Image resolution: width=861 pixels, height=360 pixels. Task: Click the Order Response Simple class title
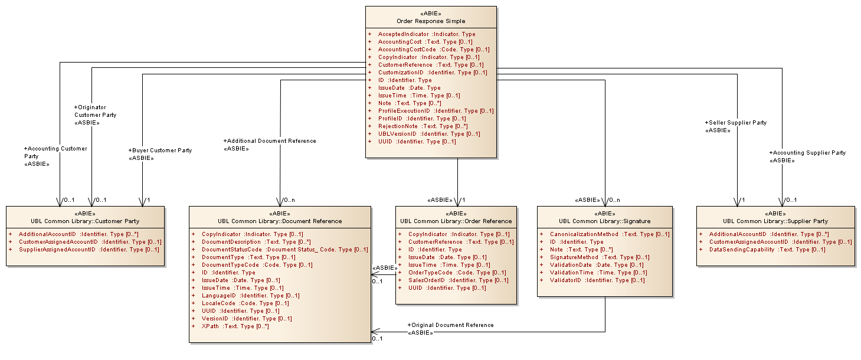pyautogui.click(x=431, y=21)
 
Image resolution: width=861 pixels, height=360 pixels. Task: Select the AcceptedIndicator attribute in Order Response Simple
pyautogui.click(x=426, y=34)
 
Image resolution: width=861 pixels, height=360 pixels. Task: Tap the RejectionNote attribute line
pyautogui.click(x=423, y=126)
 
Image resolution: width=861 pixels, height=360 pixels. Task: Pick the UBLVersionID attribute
pyautogui.click(x=428, y=134)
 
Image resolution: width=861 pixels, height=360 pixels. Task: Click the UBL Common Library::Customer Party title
pyautogui.click(x=85, y=221)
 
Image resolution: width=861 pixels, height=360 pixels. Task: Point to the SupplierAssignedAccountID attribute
pyautogui.click(x=89, y=250)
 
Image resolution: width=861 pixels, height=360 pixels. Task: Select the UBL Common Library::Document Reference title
pyautogui.click(x=280, y=221)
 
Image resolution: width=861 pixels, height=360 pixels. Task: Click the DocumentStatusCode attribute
pyautogui.click(x=284, y=250)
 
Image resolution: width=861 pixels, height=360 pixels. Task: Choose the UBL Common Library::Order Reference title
pyautogui.click(x=456, y=221)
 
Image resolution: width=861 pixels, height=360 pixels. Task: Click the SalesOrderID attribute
pyautogui.click(x=458, y=280)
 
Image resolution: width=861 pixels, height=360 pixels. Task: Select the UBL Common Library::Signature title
pyautogui.click(x=605, y=221)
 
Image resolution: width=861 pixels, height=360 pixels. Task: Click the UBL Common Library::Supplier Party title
pyautogui.click(x=775, y=221)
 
